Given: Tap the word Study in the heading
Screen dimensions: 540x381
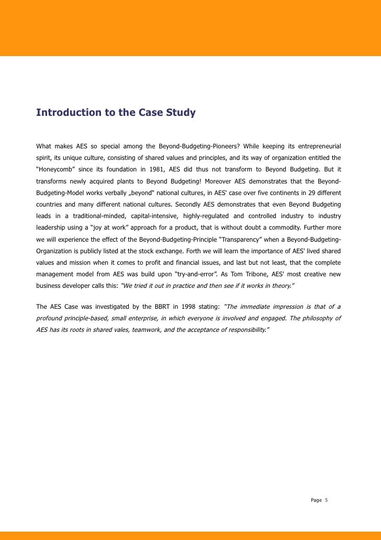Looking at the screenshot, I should tap(181, 113).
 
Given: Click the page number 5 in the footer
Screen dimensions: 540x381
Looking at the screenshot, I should tap(327, 500).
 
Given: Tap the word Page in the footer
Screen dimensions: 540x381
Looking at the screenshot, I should tap(316, 500).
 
